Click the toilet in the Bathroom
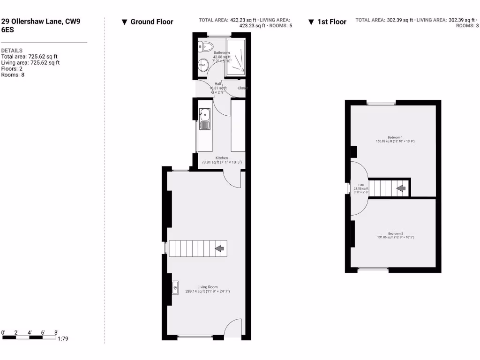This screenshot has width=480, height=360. [206, 46]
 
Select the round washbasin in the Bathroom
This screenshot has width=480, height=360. [203, 65]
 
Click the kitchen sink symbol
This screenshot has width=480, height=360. [205, 119]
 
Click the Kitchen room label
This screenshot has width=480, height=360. [222, 158]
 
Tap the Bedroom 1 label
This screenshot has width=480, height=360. [395, 137]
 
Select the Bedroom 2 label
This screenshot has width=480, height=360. [395, 233]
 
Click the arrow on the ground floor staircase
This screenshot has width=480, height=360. [219, 248]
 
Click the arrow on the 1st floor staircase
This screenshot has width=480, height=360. [401, 188]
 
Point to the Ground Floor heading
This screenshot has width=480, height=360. [151, 22]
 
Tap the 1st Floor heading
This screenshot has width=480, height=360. [331, 22]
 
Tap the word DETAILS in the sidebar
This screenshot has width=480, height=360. [12, 51]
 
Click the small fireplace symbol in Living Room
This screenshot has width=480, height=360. [175, 287]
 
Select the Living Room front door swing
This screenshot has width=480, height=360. [233, 328]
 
